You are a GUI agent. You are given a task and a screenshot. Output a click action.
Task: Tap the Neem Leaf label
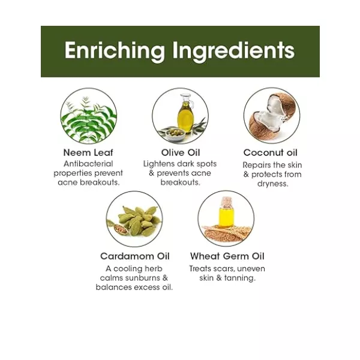click(88, 152)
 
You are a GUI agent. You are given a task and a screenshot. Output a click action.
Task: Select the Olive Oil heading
click(181, 152)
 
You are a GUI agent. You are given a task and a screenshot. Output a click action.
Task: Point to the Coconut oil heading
click(271, 152)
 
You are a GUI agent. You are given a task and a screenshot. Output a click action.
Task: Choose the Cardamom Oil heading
click(135, 256)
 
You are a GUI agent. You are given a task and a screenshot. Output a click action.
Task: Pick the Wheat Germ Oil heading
click(227, 256)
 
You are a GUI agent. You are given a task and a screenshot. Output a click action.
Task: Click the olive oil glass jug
click(185, 113)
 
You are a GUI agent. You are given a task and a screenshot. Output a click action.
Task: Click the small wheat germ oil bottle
click(226, 213)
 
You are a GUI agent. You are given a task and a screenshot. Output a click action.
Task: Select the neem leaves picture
click(89, 119)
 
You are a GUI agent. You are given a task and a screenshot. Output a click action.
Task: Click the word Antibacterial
click(88, 164)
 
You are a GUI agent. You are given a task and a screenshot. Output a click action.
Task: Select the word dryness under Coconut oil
click(272, 184)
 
